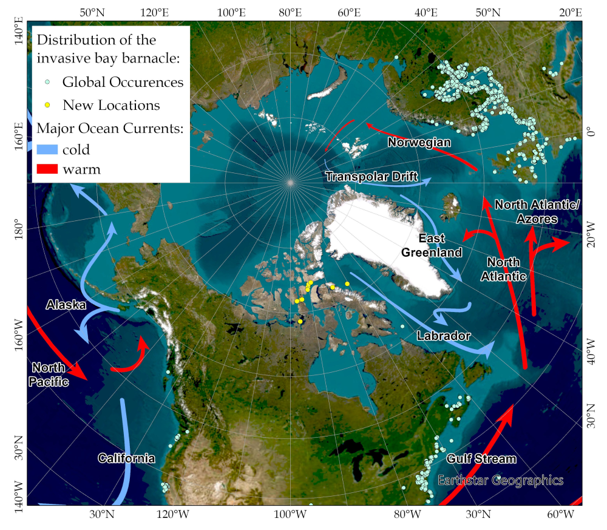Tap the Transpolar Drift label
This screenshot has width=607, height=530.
[371, 177]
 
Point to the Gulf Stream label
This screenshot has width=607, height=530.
[481, 458]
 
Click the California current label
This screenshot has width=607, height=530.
[126, 458]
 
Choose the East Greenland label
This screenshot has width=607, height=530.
[432, 245]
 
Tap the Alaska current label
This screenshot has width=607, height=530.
[66, 305]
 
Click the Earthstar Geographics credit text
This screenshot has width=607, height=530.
[500, 480]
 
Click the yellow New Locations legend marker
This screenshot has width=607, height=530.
[47, 105]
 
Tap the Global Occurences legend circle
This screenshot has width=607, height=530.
[47, 82]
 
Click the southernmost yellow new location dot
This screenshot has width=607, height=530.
[300, 321]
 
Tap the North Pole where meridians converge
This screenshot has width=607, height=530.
[290, 182]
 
